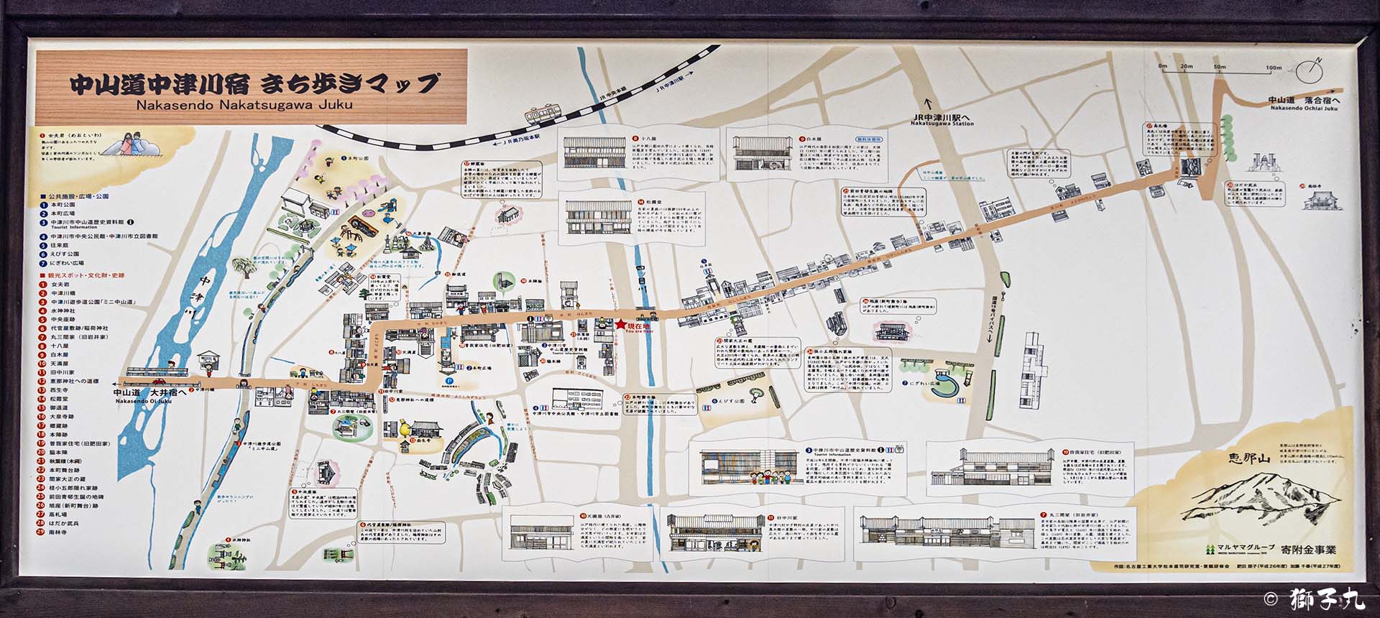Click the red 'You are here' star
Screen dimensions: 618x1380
click(x=620, y=325)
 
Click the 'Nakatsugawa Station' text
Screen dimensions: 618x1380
click(x=942, y=123)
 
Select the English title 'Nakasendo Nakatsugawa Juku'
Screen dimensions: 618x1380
click(x=244, y=104)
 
